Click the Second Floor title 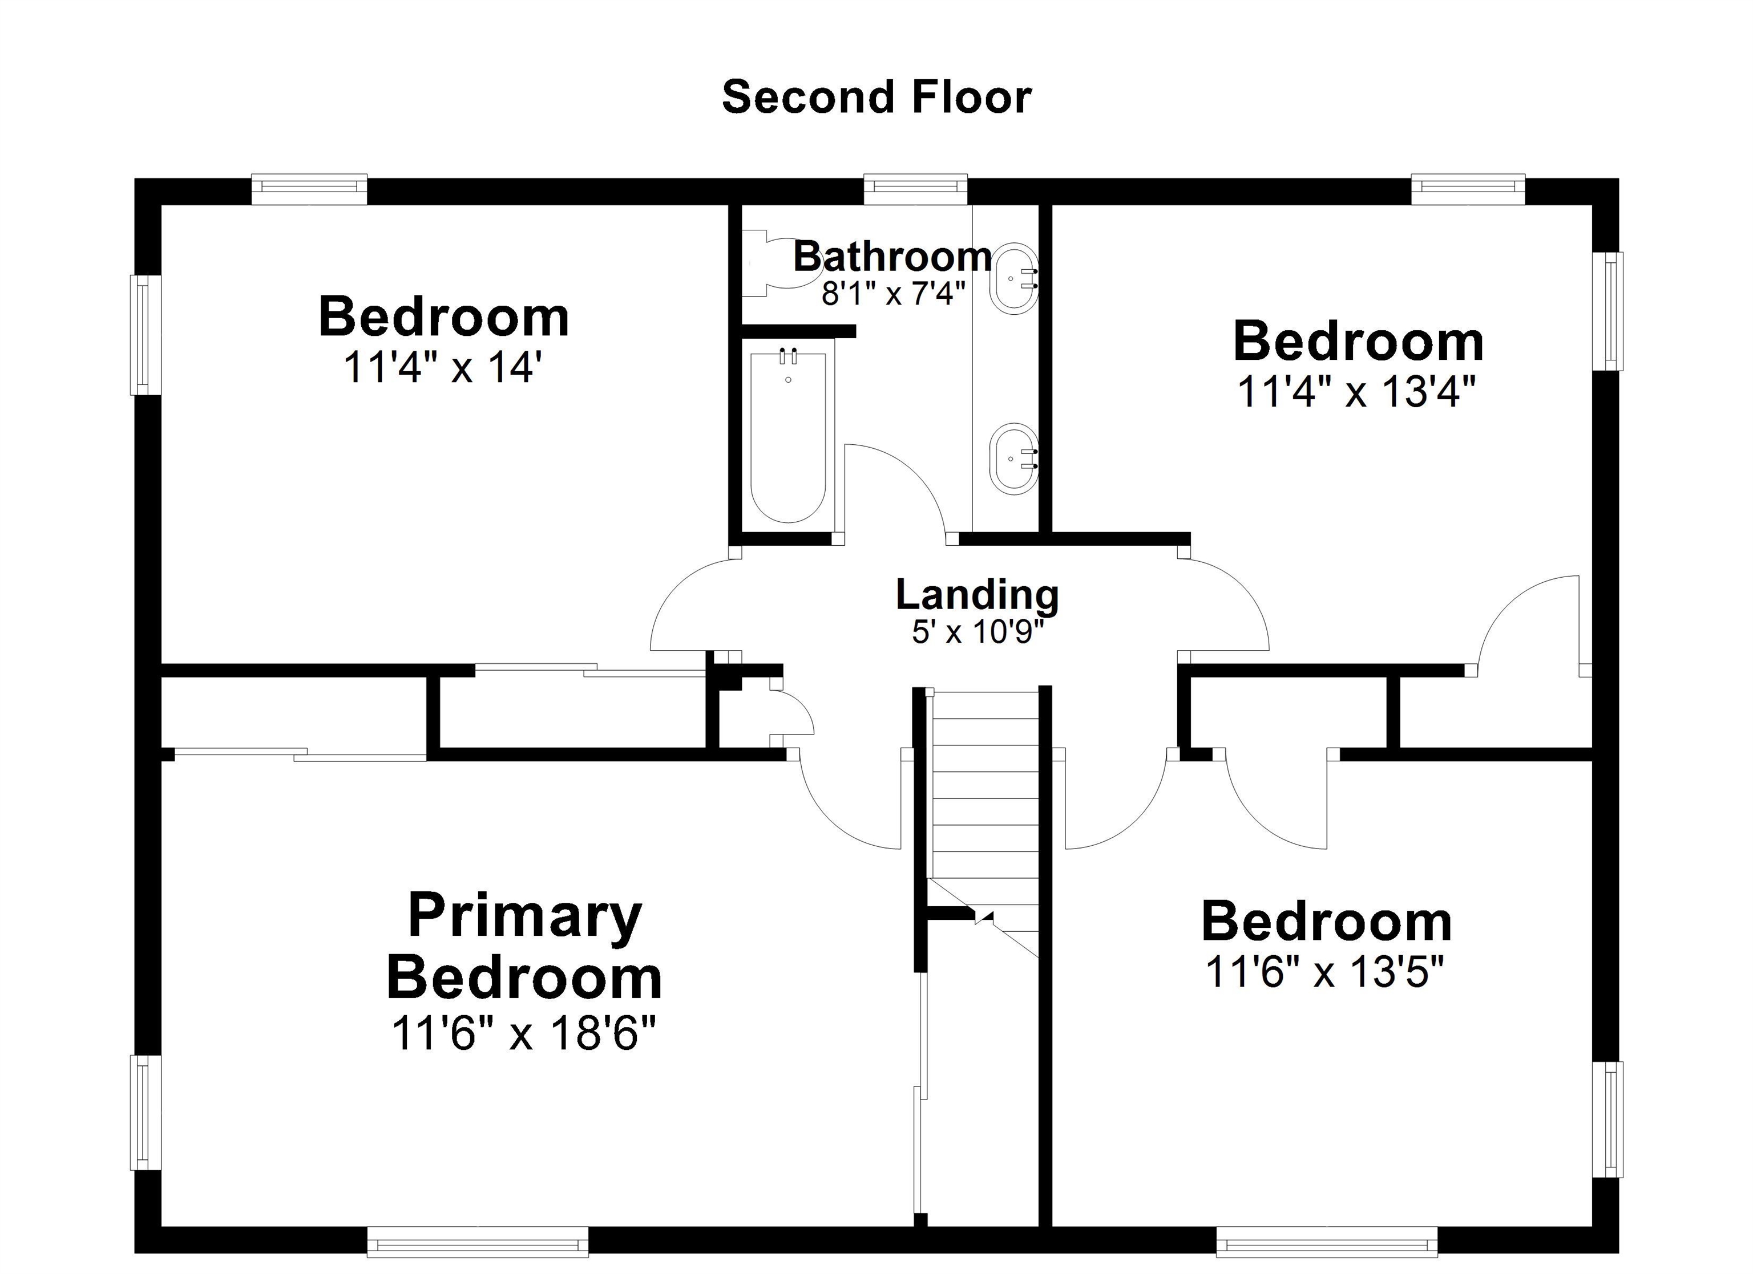pyautogui.click(x=876, y=98)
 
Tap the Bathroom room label pyautogui.click(x=892, y=257)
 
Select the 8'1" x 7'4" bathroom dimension pyautogui.click(x=894, y=294)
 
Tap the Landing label pyautogui.click(x=977, y=595)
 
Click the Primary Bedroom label pyautogui.click(x=524, y=947)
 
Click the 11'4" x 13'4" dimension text pyautogui.click(x=1356, y=392)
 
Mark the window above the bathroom pyautogui.click(x=915, y=189)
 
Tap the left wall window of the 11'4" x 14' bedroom pyautogui.click(x=144, y=335)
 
